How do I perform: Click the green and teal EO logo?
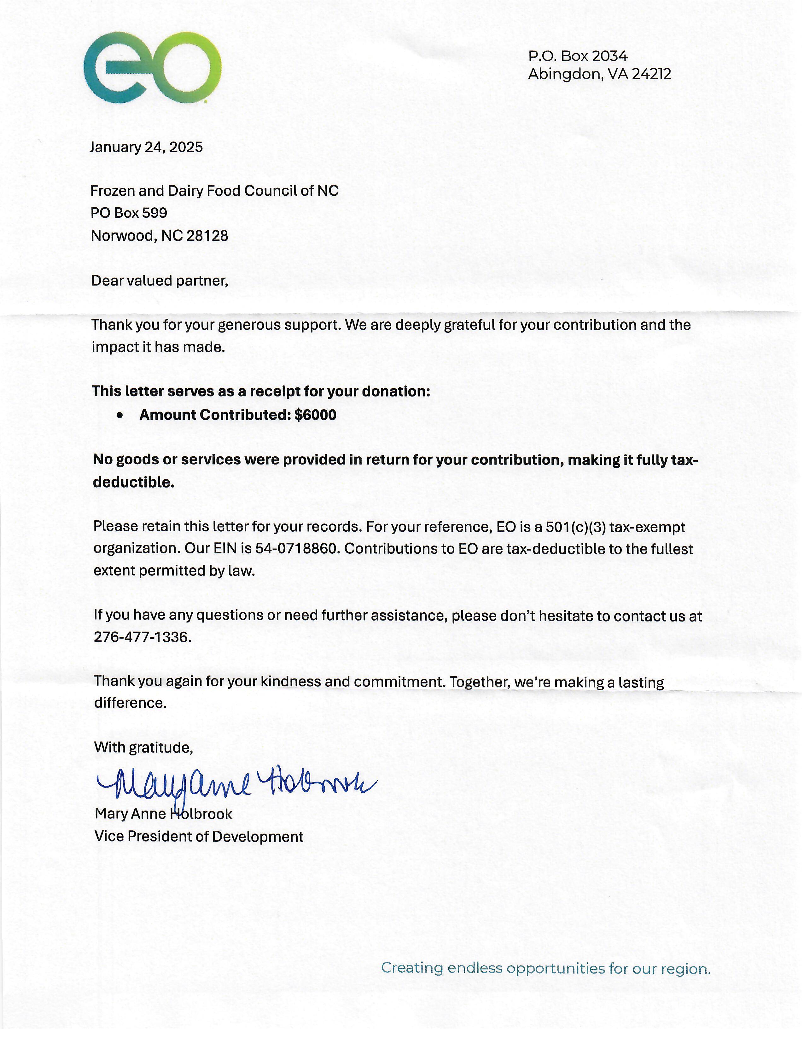coord(152,68)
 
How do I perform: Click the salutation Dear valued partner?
coord(160,280)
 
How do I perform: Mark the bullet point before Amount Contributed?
coord(119,416)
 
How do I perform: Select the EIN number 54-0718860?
coord(298,549)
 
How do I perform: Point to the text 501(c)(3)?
coord(575,527)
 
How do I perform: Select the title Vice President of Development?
coord(199,837)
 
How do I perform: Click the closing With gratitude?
coord(143,748)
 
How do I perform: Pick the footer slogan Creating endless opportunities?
coord(545,968)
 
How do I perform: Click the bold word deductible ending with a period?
coord(134,482)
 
